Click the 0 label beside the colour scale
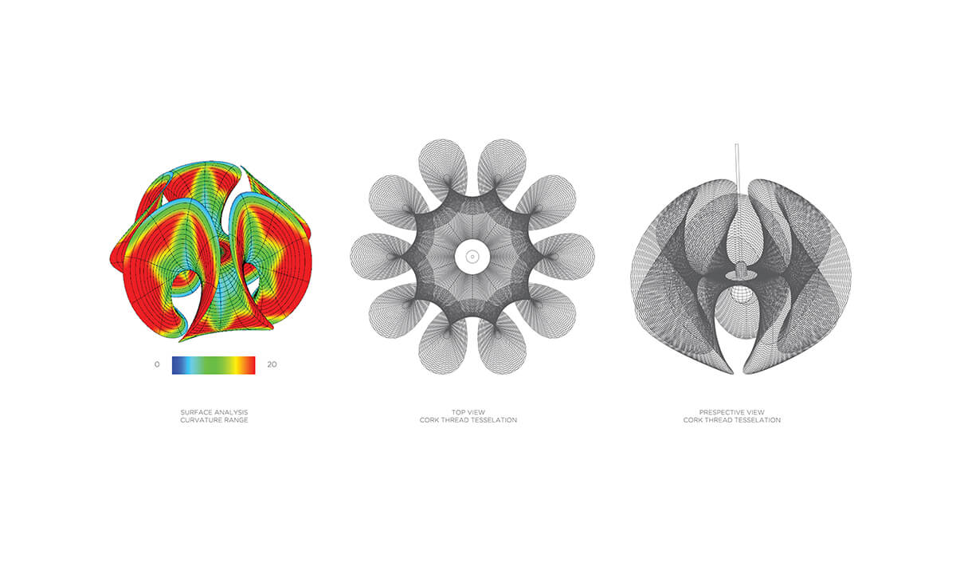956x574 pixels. point(157,364)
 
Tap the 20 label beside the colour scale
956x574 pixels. point(272,364)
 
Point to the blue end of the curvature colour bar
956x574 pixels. point(175,365)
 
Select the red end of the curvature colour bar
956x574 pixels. point(251,365)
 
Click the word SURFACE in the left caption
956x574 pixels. point(194,412)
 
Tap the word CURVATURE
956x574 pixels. point(200,420)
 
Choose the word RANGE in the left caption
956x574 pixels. point(236,420)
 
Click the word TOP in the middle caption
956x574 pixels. point(458,412)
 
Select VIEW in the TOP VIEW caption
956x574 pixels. point(476,412)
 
